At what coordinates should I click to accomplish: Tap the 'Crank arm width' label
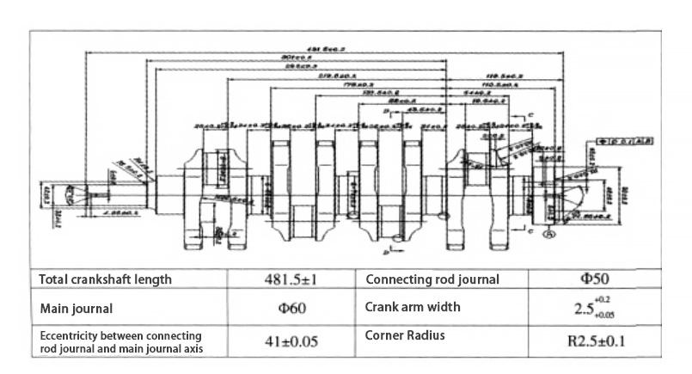point(413,307)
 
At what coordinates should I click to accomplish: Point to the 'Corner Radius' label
point(405,335)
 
